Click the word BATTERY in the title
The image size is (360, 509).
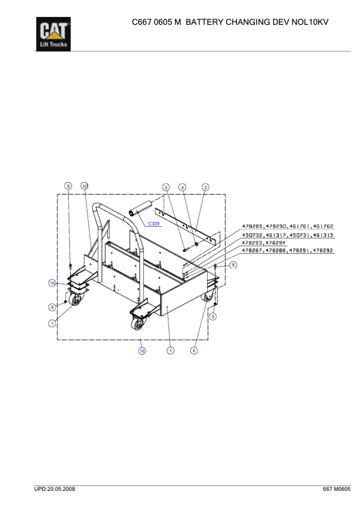[205, 22]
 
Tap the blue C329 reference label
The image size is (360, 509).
[154, 224]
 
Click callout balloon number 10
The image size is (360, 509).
[85, 186]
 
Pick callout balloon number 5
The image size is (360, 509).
[166, 187]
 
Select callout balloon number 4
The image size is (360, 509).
[183, 187]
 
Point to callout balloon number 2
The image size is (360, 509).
[205, 187]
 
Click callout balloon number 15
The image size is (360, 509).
[53, 283]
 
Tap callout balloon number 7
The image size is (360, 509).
[53, 323]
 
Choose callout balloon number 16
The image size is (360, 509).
[143, 351]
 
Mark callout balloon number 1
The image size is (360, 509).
[171, 351]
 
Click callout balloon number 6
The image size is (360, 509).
[194, 351]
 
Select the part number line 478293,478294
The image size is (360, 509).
[264, 242]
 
